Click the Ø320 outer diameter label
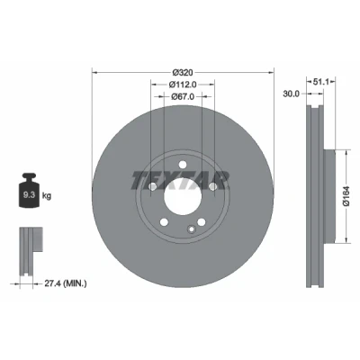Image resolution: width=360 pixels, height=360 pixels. pyautogui.click(x=183, y=72)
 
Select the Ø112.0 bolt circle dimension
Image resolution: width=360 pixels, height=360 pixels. pyautogui.click(x=183, y=85)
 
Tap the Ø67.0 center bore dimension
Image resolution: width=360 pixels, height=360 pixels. pyautogui.click(x=183, y=96)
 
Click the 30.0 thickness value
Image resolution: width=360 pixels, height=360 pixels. pyautogui.click(x=292, y=94)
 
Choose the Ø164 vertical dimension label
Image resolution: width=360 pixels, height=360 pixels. pyautogui.click(x=346, y=195)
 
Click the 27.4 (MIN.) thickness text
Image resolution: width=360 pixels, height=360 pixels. pyautogui.click(x=66, y=283)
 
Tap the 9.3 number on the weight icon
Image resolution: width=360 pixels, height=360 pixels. pyautogui.click(x=30, y=195)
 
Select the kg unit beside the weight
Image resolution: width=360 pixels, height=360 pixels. pyautogui.click(x=47, y=196)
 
